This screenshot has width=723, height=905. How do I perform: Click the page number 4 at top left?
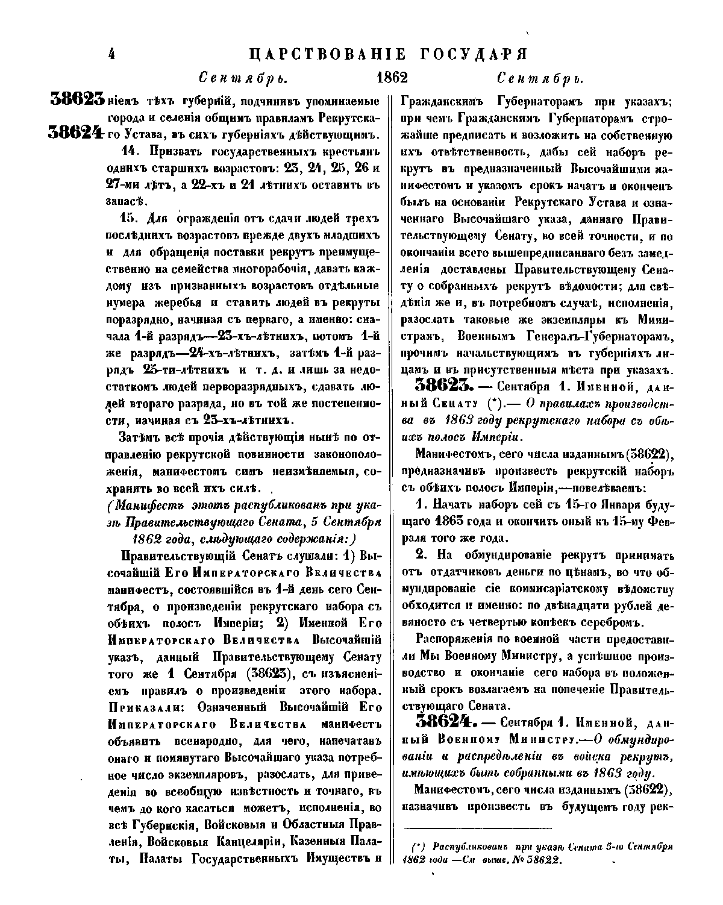tap(111, 54)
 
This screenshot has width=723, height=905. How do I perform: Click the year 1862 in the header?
tap(392, 78)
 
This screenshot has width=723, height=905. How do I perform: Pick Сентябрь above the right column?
tap(540, 78)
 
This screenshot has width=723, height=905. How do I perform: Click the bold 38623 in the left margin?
tap(78, 100)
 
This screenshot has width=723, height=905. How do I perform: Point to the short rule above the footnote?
tap(477, 828)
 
